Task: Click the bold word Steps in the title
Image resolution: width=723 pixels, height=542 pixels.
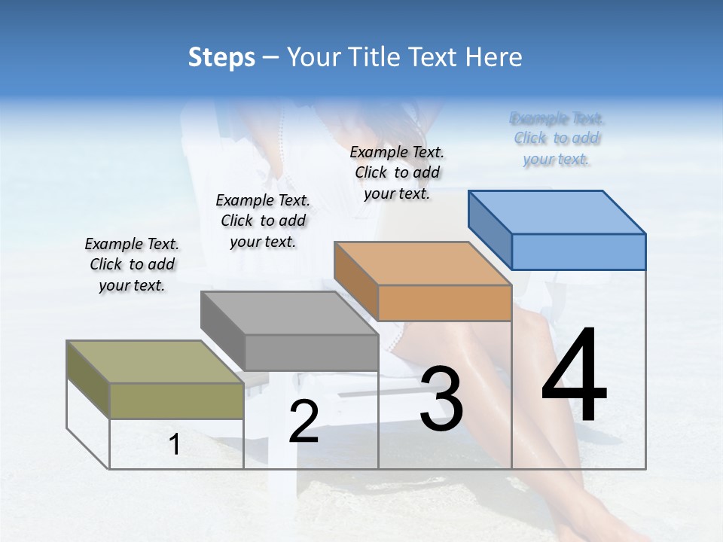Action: pyautogui.click(x=221, y=57)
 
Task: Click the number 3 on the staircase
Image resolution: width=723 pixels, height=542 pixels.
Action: pyautogui.click(x=441, y=399)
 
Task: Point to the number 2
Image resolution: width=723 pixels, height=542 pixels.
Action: pyautogui.click(x=304, y=421)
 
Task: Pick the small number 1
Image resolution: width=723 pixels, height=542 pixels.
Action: pyautogui.click(x=175, y=444)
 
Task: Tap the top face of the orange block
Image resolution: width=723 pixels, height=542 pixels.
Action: pyautogui.click(x=423, y=263)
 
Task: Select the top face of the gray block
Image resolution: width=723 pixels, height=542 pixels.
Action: pyautogui.click(x=290, y=313)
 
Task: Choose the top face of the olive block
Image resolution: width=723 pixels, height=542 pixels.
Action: pyautogui.click(x=155, y=362)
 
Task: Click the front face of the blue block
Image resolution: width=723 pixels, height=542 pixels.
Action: pyautogui.click(x=578, y=251)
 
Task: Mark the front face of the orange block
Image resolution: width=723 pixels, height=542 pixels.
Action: pyautogui.click(x=444, y=303)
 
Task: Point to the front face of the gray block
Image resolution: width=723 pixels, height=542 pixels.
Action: pyautogui.click(x=311, y=352)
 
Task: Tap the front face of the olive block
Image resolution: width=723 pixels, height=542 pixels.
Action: pyautogui.click(x=176, y=400)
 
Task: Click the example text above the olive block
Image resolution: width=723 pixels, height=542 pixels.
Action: pyautogui.click(x=132, y=265)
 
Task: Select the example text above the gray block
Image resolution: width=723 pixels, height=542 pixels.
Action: pyautogui.click(x=263, y=221)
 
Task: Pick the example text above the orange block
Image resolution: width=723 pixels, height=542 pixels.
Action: pyautogui.click(x=397, y=172)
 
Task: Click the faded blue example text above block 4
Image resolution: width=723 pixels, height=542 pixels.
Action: pyautogui.click(x=557, y=139)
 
